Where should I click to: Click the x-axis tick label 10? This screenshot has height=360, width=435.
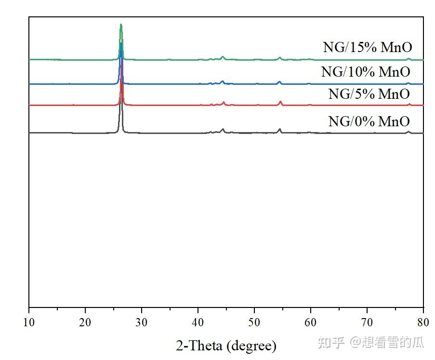(29, 321)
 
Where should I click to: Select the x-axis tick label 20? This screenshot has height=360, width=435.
(85, 321)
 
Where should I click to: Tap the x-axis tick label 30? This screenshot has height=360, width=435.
(142, 321)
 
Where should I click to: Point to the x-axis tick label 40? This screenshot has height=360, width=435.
(198, 321)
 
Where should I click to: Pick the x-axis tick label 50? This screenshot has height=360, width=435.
(254, 321)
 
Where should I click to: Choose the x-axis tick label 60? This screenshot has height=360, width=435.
(311, 321)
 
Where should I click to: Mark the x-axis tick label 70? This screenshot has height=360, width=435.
(367, 321)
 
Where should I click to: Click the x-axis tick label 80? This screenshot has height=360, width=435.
(423, 321)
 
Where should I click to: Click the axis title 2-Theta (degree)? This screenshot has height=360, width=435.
(226, 345)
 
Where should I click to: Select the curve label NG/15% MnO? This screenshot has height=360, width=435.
(367, 48)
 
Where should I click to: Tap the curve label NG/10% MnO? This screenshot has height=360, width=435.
(366, 72)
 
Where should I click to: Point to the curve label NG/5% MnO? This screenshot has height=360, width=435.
(369, 94)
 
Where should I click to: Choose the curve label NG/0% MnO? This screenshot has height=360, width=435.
(369, 121)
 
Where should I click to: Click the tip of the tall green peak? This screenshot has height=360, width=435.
(121, 25)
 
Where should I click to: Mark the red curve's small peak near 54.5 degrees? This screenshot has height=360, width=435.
(280, 102)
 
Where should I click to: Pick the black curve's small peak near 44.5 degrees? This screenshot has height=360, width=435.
(223, 129)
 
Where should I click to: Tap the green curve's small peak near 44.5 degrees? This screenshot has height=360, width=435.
(223, 57)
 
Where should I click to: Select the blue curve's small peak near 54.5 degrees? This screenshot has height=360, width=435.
(279, 82)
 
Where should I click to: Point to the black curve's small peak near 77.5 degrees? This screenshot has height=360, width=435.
(409, 132)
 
